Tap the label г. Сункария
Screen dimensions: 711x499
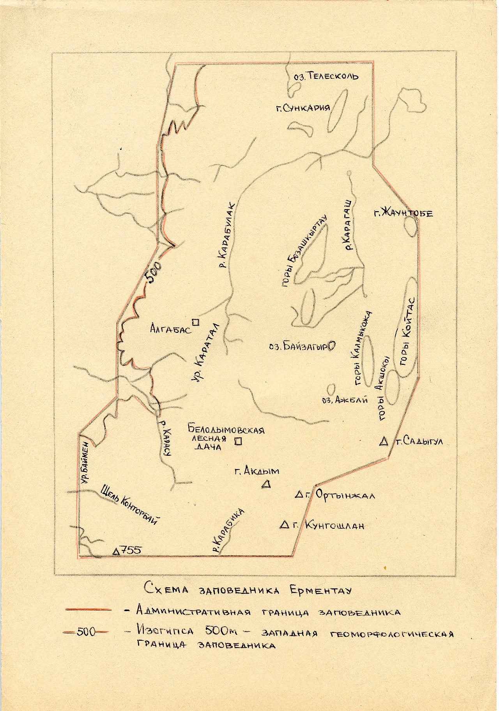[303, 108]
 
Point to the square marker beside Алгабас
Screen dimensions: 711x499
[196, 322]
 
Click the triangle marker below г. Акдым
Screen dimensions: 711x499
[266, 484]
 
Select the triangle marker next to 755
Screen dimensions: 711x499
[116, 551]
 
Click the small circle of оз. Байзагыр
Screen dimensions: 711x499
[332, 346]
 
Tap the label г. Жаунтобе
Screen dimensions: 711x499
[403, 213]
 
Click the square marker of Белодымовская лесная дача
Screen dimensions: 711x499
[238, 441]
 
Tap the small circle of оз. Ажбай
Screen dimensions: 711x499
[331, 389]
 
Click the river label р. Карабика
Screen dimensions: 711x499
[229, 531]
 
